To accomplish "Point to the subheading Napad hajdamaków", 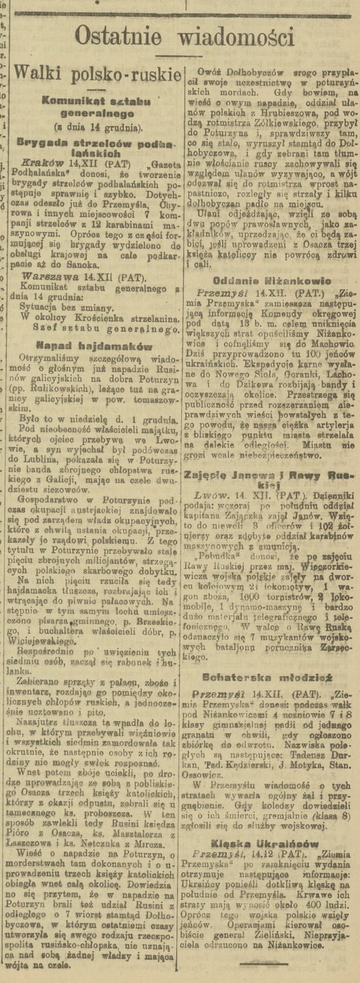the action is click(x=94, y=346).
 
